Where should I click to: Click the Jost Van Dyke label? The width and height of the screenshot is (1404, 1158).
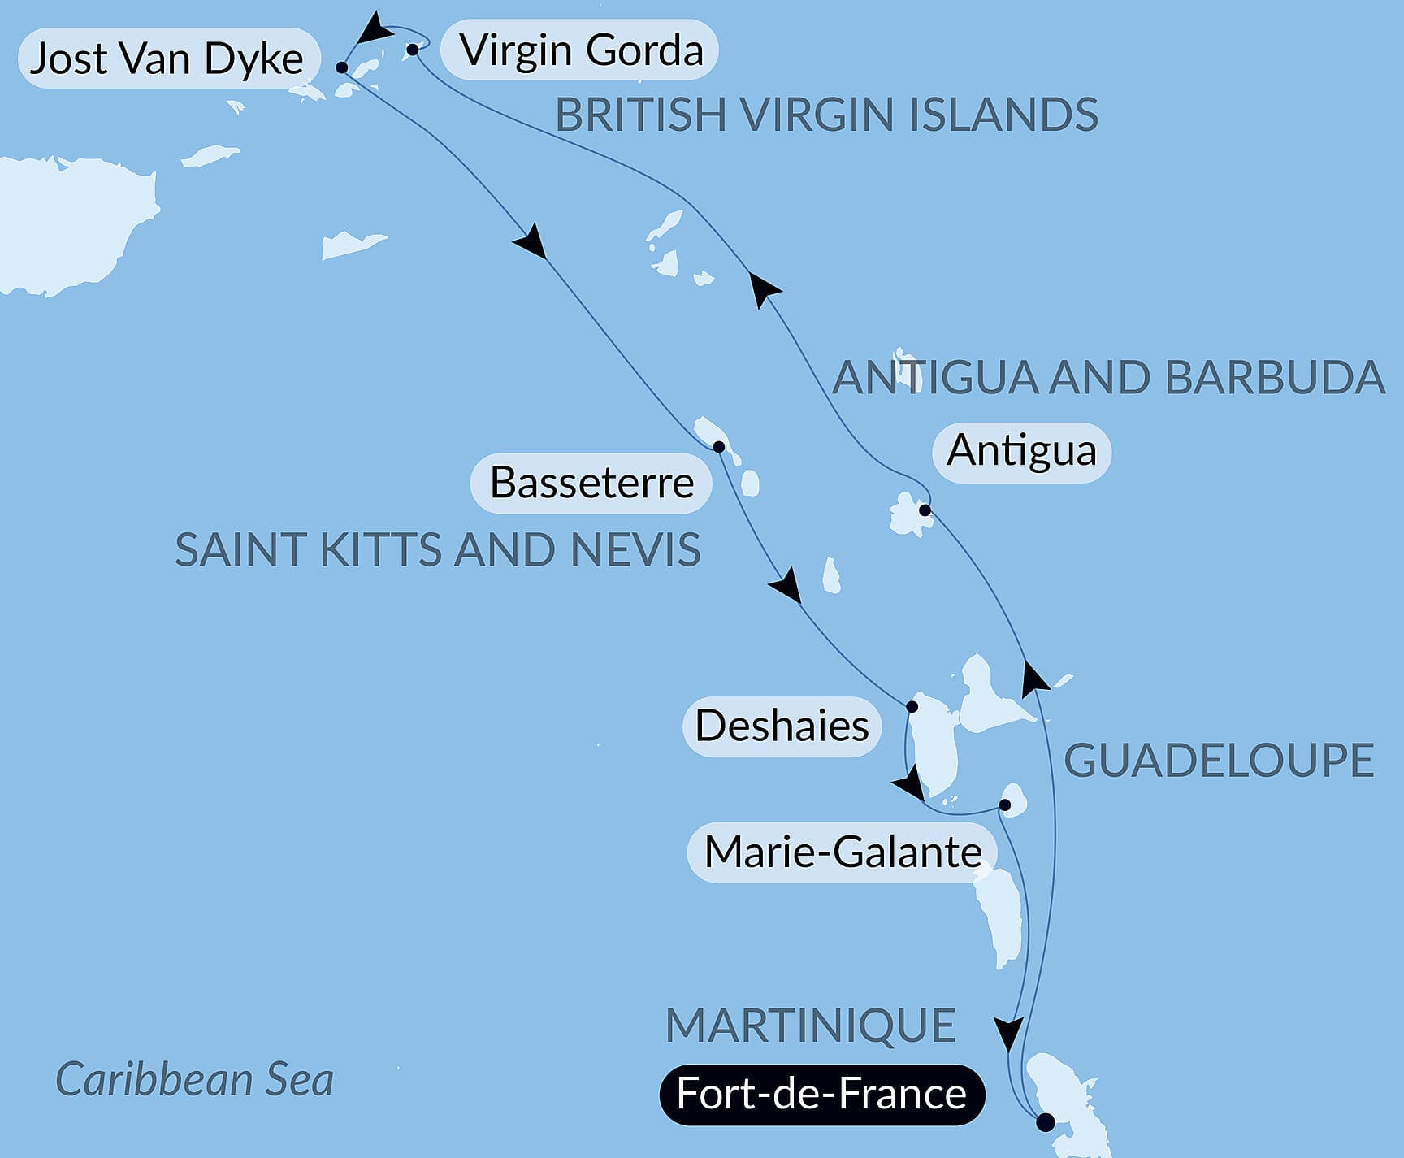coord(167,59)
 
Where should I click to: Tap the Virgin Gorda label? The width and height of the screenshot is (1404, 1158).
coord(580,50)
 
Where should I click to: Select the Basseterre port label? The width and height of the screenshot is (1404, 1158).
coord(591,483)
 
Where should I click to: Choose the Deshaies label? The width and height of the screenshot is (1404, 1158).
coord(782,726)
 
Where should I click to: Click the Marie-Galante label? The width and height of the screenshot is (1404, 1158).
coord(843,852)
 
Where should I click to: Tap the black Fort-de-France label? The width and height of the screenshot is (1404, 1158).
coord(821,1094)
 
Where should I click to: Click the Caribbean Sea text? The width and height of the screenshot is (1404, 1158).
coord(194,1080)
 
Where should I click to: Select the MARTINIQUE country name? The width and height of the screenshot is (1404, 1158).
coord(810,1025)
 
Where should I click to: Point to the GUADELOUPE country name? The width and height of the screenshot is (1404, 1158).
coord(1218,761)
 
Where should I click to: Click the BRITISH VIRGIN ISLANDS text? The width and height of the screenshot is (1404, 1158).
coord(826,115)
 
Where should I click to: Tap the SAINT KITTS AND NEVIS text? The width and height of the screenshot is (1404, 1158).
coord(437,550)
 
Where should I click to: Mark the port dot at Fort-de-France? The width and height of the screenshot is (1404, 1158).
coord(1046,1122)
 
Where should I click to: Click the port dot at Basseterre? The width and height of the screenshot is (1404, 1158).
coord(718,447)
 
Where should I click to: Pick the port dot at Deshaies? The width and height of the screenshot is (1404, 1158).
coord(912,706)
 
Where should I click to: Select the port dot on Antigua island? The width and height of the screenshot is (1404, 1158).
coord(925,510)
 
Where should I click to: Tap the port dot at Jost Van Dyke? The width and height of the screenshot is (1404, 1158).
coord(342,67)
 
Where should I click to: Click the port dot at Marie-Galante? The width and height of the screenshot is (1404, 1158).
coord(1004,805)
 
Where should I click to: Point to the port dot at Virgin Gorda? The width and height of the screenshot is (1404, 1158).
coord(413,50)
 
